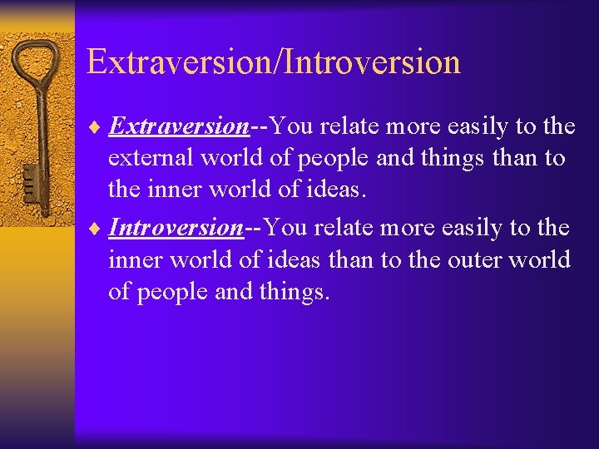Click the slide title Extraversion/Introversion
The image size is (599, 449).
click(273, 62)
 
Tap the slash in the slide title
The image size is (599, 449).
click(278, 62)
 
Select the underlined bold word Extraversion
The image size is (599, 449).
click(179, 126)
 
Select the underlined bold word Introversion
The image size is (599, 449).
click(176, 227)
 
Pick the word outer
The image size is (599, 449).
click(471, 259)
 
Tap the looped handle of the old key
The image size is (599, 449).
click(37, 67)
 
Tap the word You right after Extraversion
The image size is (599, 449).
click(293, 126)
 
